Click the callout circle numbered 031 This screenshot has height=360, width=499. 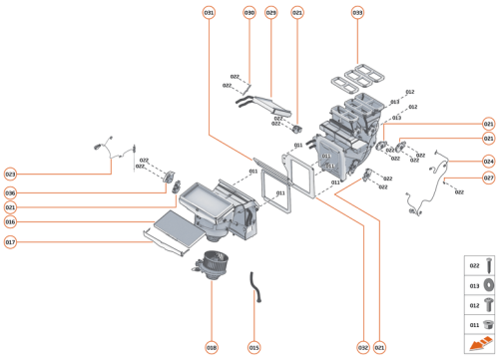pyautogui.click(x=209, y=12)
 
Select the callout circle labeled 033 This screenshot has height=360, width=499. pyautogui.click(x=357, y=12)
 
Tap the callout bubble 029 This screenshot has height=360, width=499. pyautogui.click(x=270, y=12)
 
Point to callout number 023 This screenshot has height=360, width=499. pyautogui.click(x=10, y=174)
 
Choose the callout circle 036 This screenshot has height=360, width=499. pyautogui.click(x=10, y=192)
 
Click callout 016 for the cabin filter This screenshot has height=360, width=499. pyautogui.click(x=10, y=222)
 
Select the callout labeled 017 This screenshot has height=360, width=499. pyautogui.click(x=10, y=241)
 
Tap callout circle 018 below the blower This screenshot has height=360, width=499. pyautogui.click(x=212, y=347)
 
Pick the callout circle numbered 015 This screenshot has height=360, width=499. pyautogui.click(x=253, y=347)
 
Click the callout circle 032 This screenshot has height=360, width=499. pyautogui.click(x=363, y=347)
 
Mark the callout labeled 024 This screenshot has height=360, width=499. pyautogui.click(x=488, y=161)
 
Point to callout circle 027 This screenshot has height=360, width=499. pyautogui.click(x=488, y=178)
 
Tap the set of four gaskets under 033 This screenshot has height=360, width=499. pyautogui.click(x=358, y=80)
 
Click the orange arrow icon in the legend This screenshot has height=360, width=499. pyautogui.click(x=476, y=344)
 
